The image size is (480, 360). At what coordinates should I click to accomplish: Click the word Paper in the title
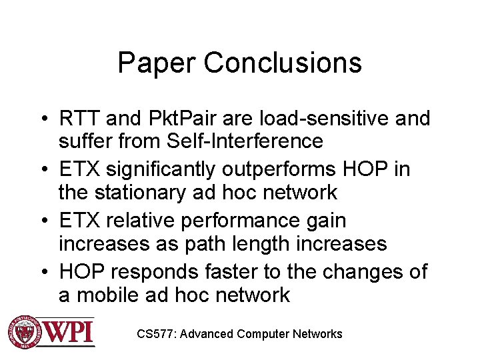[157, 63]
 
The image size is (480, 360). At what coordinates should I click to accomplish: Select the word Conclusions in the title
[283, 63]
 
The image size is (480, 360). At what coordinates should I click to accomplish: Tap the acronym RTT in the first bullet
[79, 119]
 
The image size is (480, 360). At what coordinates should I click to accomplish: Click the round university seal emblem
[24, 331]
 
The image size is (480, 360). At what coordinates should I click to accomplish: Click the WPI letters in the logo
[69, 331]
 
